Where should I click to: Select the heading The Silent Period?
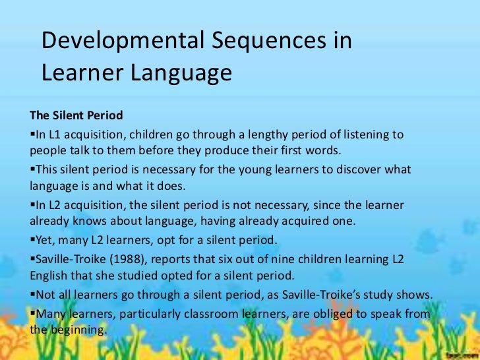coord(76,115)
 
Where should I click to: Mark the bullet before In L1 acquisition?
coord(33,135)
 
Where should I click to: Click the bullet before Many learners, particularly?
coord(33,314)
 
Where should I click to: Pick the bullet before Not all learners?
coord(33,293)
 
